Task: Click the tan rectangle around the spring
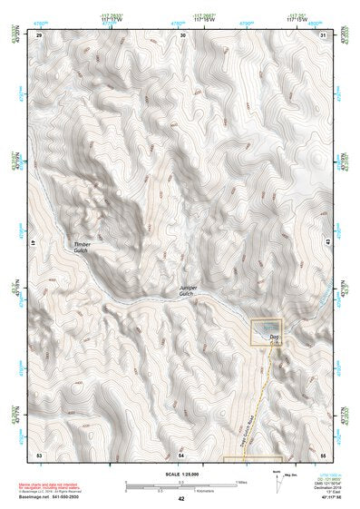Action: point(268,331)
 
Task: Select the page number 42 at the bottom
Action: point(181,499)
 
